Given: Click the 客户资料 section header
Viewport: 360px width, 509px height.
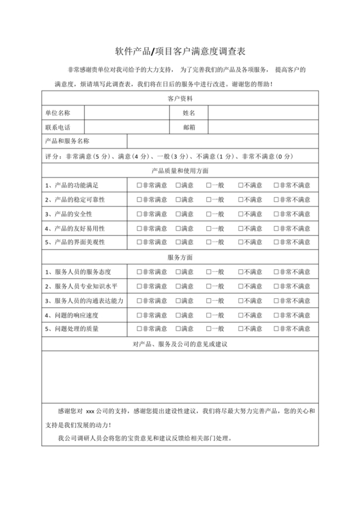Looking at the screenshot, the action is click(x=179, y=98).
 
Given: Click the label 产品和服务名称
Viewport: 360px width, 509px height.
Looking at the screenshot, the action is click(x=67, y=141).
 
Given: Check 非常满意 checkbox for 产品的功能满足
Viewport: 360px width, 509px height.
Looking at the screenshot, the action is click(x=139, y=185).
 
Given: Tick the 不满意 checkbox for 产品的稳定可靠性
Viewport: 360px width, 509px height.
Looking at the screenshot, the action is click(x=241, y=199).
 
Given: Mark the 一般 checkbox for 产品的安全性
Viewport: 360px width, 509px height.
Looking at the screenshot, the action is click(x=209, y=213).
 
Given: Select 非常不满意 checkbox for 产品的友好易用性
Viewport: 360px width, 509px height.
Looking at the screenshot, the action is click(x=276, y=228).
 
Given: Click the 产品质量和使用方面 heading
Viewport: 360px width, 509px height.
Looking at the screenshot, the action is click(x=179, y=171).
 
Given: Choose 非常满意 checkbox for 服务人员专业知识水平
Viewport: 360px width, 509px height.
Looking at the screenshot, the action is click(x=139, y=286).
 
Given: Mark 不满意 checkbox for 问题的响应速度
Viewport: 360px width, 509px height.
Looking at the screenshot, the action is click(x=241, y=315).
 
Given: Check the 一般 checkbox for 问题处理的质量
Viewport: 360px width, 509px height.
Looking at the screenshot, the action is click(x=209, y=329).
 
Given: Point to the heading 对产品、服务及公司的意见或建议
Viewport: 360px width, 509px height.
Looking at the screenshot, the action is click(x=179, y=344).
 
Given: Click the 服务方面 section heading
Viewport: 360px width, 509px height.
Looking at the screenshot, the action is click(x=179, y=257).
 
